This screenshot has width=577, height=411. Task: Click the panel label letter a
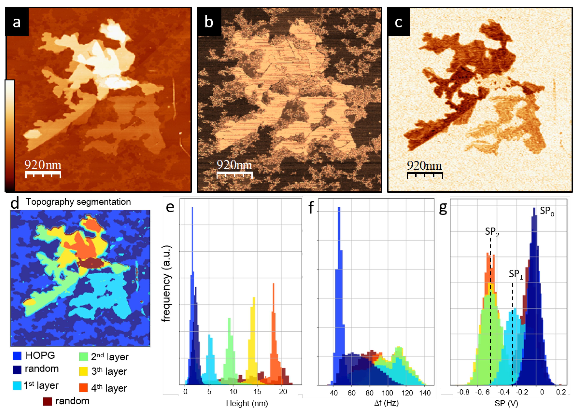17,22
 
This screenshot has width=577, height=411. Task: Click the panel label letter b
209,22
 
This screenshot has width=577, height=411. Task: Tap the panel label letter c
398,22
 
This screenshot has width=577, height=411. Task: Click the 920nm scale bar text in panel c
424,166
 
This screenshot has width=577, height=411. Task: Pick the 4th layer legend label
109,388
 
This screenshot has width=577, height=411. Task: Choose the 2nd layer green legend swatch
83,357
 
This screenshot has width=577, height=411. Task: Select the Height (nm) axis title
247,403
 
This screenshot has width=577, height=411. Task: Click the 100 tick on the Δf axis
387,393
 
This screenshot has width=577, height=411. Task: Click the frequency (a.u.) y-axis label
166,283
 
